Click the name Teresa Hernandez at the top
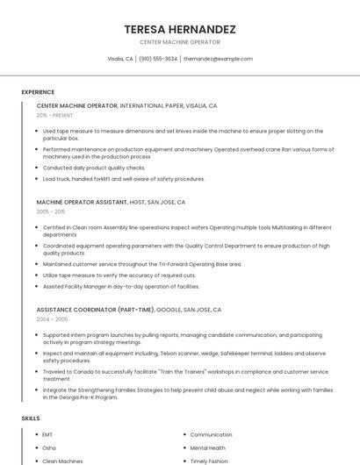pyautogui.click(x=180, y=29)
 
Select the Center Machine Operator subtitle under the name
pyautogui.click(x=180, y=42)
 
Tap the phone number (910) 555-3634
pyautogui.click(x=158, y=59)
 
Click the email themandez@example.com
pyautogui.click(x=218, y=59)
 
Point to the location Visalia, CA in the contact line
pyautogui.click(x=120, y=59)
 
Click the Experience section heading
pyautogui.click(x=38, y=92)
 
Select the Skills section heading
pyautogui.click(x=31, y=418)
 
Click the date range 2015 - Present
pyautogui.click(x=55, y=115)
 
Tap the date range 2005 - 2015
pyautogui.click(x=51, y=211)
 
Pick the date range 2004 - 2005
pyautogui.click(x=51, y=319)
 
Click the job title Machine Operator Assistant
pyautogui.click(x=77, y=202)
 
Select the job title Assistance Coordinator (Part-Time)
pyautogui.click(x=96, y=310)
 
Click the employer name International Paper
pyautogui.click(x=150, y=105)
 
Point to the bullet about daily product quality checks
pyautogui.click(x=94, y=168)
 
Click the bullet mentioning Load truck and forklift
pyautogui.click(x=124, y=179)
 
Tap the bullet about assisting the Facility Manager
pyautogui.click(x=121, y=286)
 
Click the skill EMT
pyautogui.click(x=47, y=434)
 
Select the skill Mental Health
pyautogui.click(x=209, y=447)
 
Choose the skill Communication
pyautogui.click(x=212, y=434)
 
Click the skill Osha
pyautogui.click(x=49, y=447)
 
